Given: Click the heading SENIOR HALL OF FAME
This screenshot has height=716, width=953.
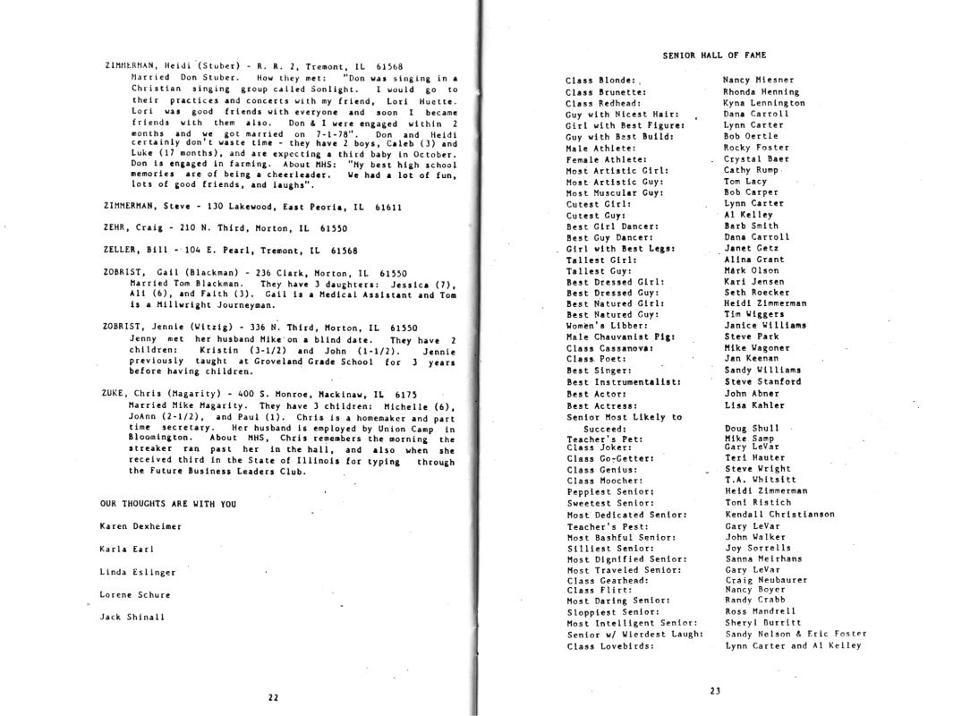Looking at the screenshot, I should click(x=714, y=55).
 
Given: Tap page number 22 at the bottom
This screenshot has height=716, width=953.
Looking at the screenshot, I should click(x=273, y=697).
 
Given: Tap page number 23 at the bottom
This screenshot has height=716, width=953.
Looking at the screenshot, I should click(x=714, y=690).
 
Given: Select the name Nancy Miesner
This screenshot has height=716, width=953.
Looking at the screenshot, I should click(x=758, y=80).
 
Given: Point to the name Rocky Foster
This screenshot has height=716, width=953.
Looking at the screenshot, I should click(x=756, y=148).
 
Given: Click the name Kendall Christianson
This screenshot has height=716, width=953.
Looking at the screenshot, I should click(x=779, y=515).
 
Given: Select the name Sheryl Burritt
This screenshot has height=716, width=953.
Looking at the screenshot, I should click(x=763, y=623).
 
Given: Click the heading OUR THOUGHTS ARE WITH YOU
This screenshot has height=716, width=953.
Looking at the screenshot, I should click(x=168, y=504).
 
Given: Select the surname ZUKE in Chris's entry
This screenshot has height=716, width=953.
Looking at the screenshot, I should click(x=115, y=394).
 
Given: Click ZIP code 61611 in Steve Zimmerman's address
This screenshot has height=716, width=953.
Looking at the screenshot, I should click(x=388, y=207).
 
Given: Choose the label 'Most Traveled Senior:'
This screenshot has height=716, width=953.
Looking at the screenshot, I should click(x=625, y=570).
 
